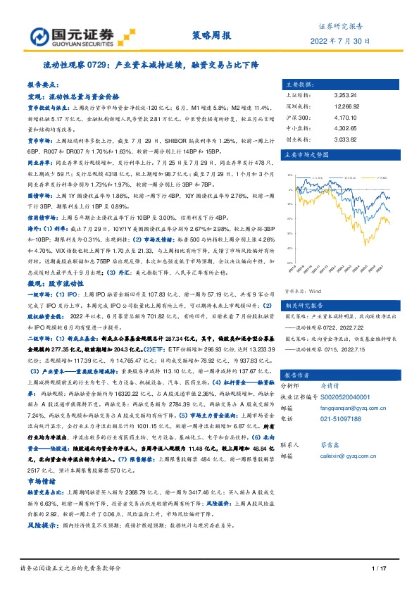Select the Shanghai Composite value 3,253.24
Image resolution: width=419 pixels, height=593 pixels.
346,93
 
